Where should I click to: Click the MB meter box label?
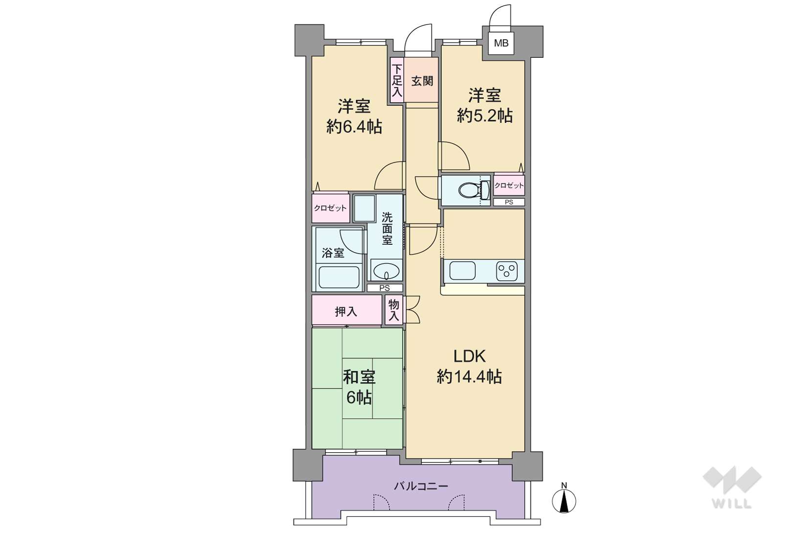coord(501,44)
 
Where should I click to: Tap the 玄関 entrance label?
coord(422,81)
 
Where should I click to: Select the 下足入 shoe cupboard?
coord(397,81)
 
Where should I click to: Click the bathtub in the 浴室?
coord(339,277)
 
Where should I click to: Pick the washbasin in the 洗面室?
coord(386,271)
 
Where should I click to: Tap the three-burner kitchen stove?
coord(506,271)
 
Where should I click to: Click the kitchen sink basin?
coord(462,271)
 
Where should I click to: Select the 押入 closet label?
coord(346,312)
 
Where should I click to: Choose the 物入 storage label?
coord(394,310)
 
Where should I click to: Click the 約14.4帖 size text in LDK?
coord(469,377)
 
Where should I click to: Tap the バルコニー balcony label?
coord(421,487)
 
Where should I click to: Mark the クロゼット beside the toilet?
coord(509,186)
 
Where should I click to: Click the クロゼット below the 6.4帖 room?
coord(330,208)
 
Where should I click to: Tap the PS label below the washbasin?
coord(385,288)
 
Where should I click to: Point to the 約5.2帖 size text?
coord(485,116)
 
